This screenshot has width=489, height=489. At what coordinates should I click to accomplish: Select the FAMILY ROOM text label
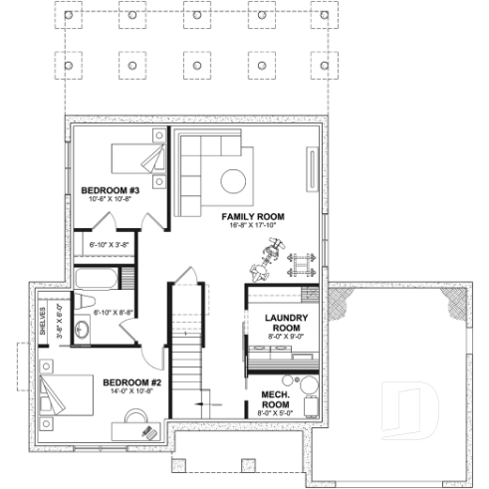pos(253,215)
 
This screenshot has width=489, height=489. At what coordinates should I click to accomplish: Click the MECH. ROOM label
pos(275,398)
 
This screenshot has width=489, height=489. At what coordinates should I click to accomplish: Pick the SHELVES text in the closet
pos(42,321)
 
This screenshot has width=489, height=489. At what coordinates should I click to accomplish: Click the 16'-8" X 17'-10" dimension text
pos(253,225)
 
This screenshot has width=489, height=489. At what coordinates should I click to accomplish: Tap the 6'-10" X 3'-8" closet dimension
pos(109,244)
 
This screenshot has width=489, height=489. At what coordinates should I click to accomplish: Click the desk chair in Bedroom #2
pos(149,430)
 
